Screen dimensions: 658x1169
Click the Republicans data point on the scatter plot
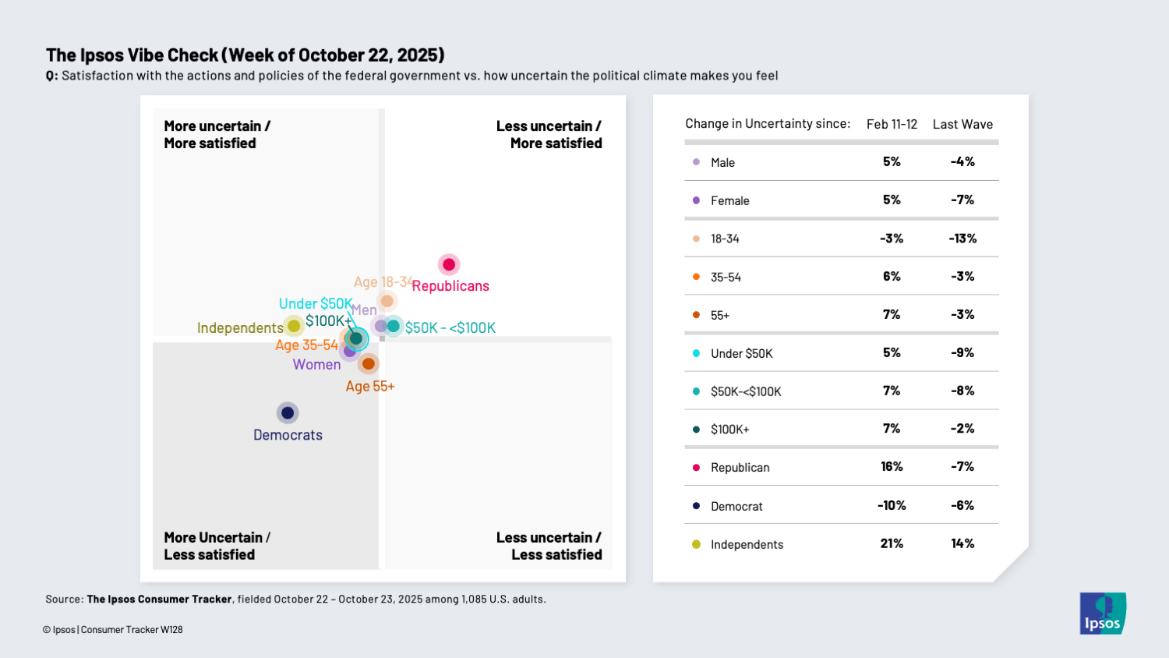[449, 265]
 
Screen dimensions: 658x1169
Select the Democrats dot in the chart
[288, 412]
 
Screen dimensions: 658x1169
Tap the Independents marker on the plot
[294, 326]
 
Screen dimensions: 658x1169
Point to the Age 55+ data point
[369, 363]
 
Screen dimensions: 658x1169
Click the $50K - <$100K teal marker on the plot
[394, 326]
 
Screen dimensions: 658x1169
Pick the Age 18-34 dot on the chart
[387, 301]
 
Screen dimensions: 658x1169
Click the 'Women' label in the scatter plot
[316, 365]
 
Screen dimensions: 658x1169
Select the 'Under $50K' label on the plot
[316, 304]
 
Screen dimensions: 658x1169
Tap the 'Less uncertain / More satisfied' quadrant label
[549, 135]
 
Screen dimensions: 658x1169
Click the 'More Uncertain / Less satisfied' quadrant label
[217, 546]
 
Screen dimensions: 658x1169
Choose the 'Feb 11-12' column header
[892, 125]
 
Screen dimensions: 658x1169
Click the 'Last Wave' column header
[962, 125]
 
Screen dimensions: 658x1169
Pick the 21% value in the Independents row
[892, 544]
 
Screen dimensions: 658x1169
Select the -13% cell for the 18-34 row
[962, 239]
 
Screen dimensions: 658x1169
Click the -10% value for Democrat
[892, 506]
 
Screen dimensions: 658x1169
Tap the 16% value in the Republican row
[892, 467]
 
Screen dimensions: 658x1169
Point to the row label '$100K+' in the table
[729, 430]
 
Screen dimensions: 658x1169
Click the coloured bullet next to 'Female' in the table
[696, 200]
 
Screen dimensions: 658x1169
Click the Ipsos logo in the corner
[1102, 614]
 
